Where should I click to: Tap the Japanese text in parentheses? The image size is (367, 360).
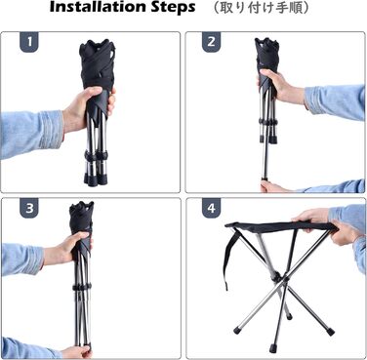click(x=261, y=8)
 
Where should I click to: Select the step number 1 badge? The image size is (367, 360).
click(x=29, y=42)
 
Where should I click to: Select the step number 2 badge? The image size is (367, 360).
click(x=212, y=42)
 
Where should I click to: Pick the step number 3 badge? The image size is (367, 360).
click(x=29, y=208)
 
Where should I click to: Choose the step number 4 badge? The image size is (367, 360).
click(x=212, y=208)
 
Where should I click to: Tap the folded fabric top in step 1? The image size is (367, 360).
click(x=98, y=64)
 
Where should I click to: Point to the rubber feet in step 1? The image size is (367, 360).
click(x=95, y=179)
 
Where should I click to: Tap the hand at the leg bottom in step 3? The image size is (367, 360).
click(x=75, y=352)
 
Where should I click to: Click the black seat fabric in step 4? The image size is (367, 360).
click(x=280, y=226)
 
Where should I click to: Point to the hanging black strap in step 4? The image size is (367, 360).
click(x=231, y=257)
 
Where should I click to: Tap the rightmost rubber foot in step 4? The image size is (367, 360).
click(x=330, y=332)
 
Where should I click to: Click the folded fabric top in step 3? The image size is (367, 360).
click(x=81, y=217)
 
